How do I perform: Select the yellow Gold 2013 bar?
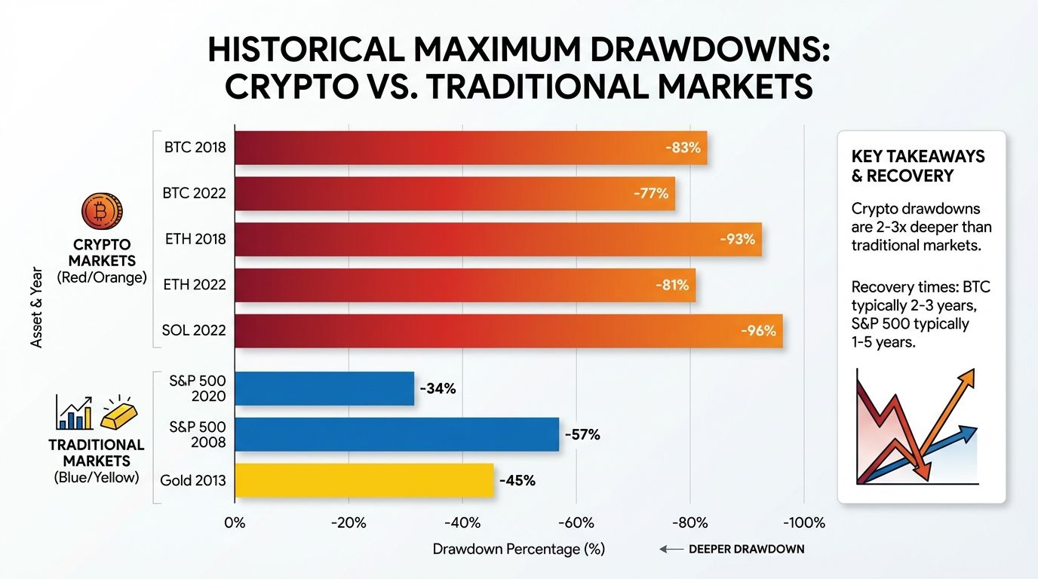[x=364, y=480]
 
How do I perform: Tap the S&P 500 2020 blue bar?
[x=324, y=389]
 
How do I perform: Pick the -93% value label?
[x=737, y=240]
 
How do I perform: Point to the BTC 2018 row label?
[x=195, y=148]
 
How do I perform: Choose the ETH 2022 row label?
[x=195, y=285]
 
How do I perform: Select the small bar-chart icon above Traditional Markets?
[x=74, y=413]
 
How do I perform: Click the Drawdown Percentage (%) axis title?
[x=519, y=549]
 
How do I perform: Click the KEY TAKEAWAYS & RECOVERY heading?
[x=918, y=166]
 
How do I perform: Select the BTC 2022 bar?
[x=454, y=194]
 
